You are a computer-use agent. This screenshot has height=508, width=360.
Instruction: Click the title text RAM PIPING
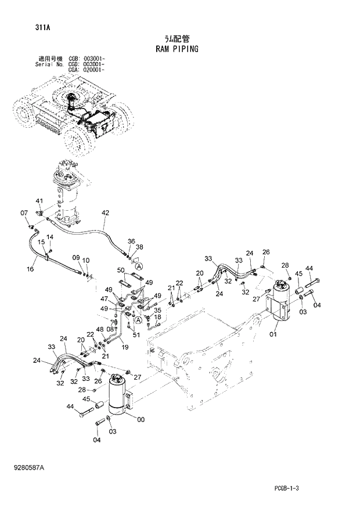click(x=177, y=49)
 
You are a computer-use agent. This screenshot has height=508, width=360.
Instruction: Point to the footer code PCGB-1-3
click(x=287, y=489)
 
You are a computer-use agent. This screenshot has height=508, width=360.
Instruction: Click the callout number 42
click(x=105, y=213)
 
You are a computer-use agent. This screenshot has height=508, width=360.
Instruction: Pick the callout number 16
click(x=30, y=269)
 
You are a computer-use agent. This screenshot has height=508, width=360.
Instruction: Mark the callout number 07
click(x=24, y=213)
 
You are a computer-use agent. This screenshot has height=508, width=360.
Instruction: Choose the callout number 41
click(x=39, y=201)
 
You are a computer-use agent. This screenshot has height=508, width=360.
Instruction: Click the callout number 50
click(x=121, y=271)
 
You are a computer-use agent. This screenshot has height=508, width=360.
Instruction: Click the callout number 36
click(x=131, y=241)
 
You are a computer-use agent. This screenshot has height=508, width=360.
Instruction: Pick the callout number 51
click(x=136, y=334)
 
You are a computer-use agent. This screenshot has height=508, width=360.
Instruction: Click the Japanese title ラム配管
click(x=177, y=38)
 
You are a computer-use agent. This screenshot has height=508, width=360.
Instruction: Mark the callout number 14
click(x=50, y=237)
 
